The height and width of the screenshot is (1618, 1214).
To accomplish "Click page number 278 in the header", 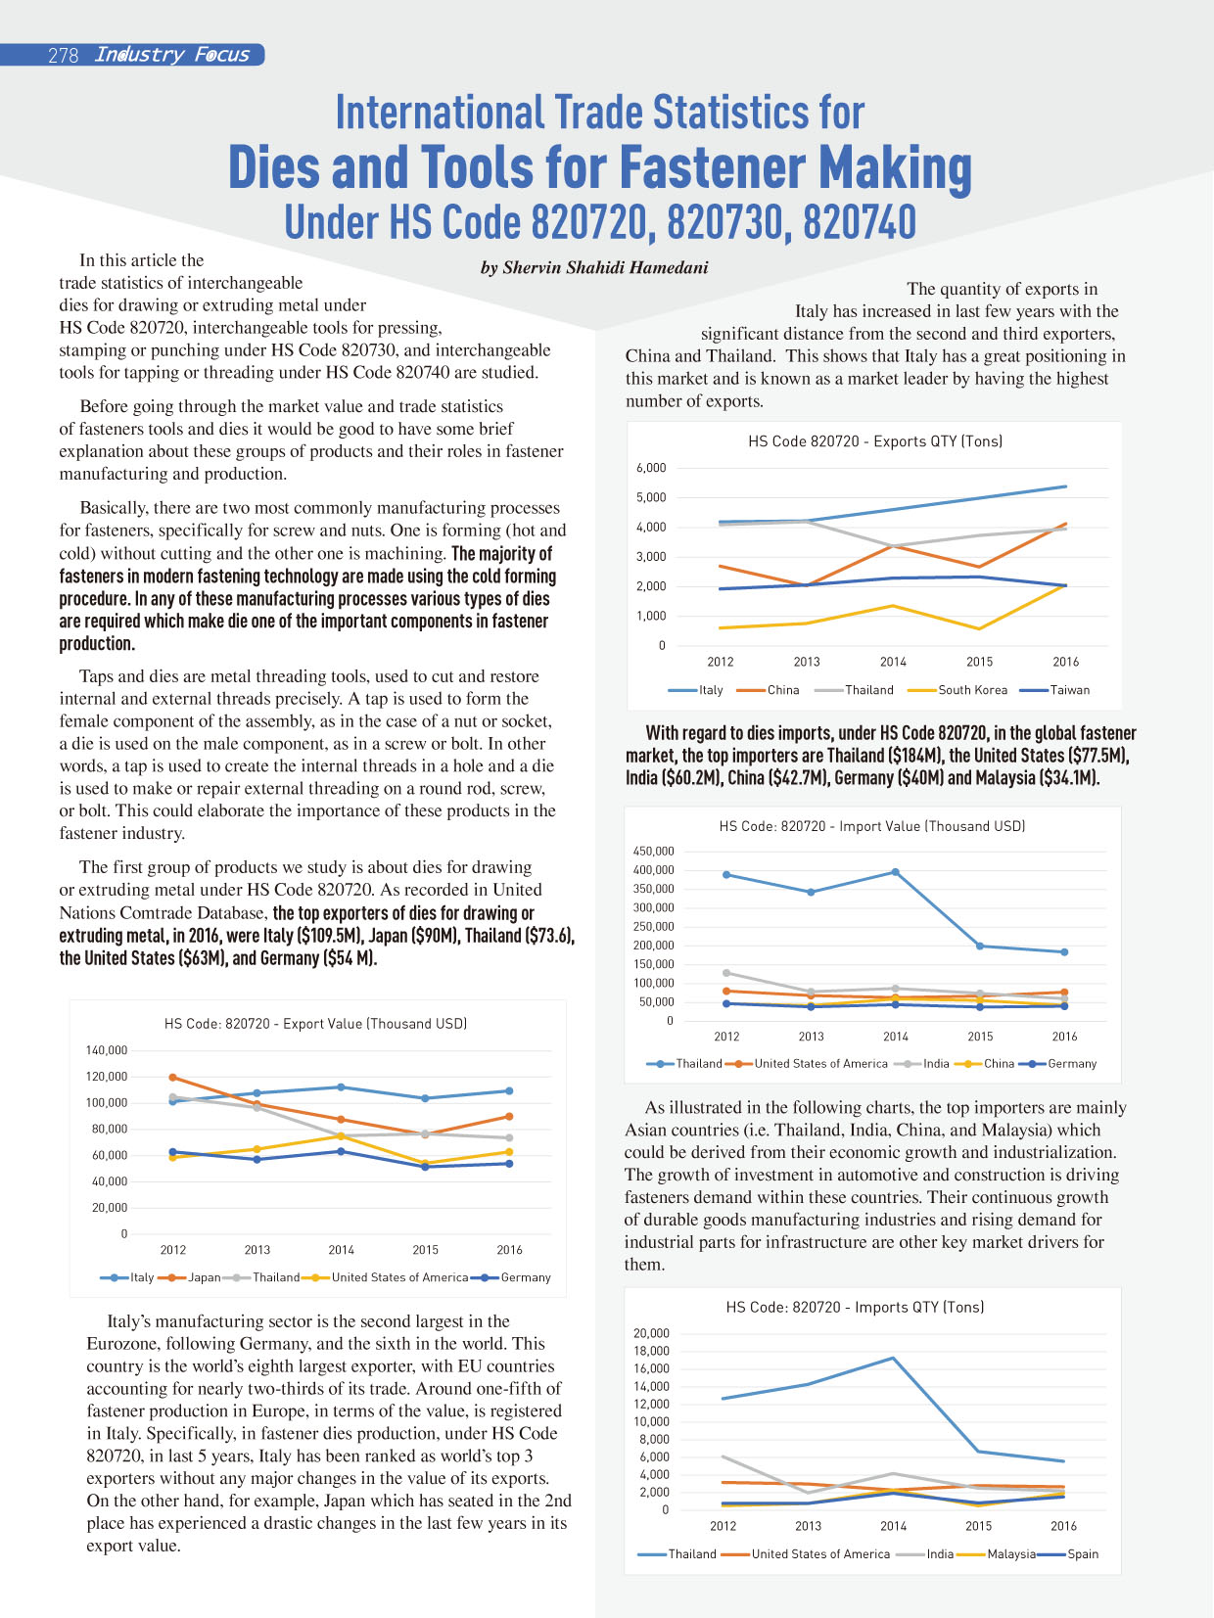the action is click(x=64, y=55).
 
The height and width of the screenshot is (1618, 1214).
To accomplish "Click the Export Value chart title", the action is click(x=315, y=1023).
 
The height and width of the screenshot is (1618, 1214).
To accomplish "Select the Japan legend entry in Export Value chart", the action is click(x=189, y=1277).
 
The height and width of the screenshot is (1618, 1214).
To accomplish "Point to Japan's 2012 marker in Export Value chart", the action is click(x=173, y=1077).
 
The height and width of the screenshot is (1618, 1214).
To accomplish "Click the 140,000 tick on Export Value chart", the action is click(x=107, y=1049).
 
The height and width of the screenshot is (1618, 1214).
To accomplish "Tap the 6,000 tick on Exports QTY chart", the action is click(x=651, y=467).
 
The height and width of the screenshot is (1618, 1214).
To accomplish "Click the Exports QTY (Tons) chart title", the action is click(x=875, y=440).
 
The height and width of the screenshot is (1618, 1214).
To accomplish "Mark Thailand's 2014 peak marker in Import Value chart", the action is click(x=896, y=872).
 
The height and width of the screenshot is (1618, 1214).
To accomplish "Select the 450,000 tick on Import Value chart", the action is click(x=653, y=851).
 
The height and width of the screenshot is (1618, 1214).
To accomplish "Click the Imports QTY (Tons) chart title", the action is click(x=855, y=1307).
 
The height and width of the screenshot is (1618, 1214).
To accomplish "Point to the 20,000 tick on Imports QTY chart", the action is click(x=652, y=1333).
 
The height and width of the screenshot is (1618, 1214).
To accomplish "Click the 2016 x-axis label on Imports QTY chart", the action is click(x=1063, y=1526).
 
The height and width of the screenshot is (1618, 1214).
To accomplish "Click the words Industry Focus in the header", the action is click(x=171, y=55).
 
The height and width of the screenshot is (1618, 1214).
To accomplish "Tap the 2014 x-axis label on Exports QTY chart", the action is click(x=893, y=662).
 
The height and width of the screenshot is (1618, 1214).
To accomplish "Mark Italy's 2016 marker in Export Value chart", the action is click(x=509, y=1091).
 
